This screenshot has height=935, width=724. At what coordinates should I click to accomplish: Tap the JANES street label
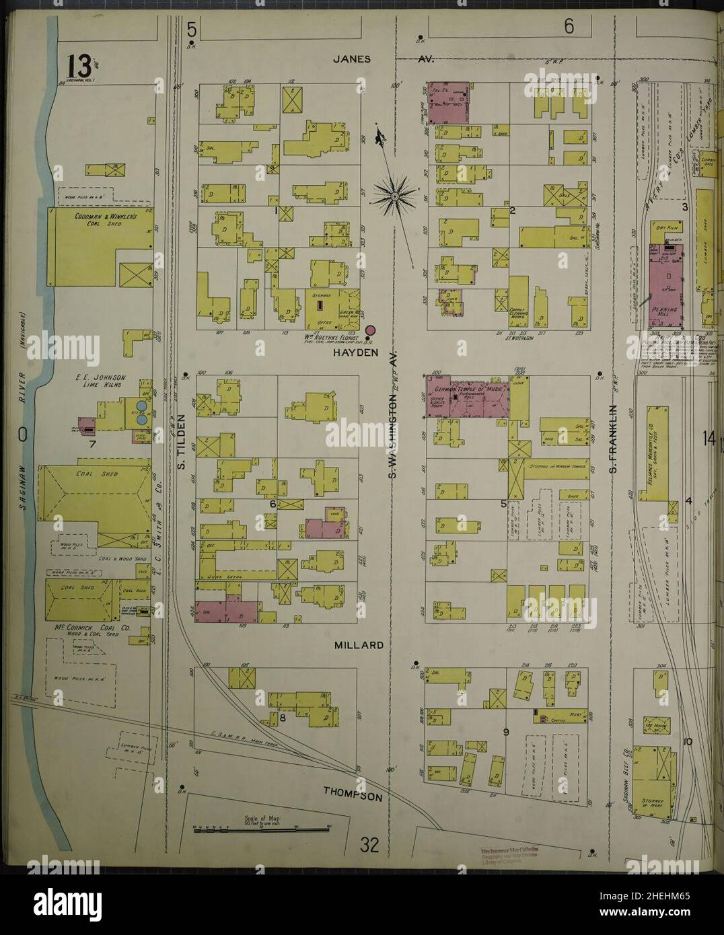point(352,59)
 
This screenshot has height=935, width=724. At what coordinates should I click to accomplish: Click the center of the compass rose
point(396,196)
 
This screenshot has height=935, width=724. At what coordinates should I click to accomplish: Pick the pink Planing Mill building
point(664,283)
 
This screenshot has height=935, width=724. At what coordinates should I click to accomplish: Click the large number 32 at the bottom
point(369,845)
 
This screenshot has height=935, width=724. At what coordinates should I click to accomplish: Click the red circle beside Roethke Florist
point(370,330)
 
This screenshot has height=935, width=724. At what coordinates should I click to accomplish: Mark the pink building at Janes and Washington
point(448,103)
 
